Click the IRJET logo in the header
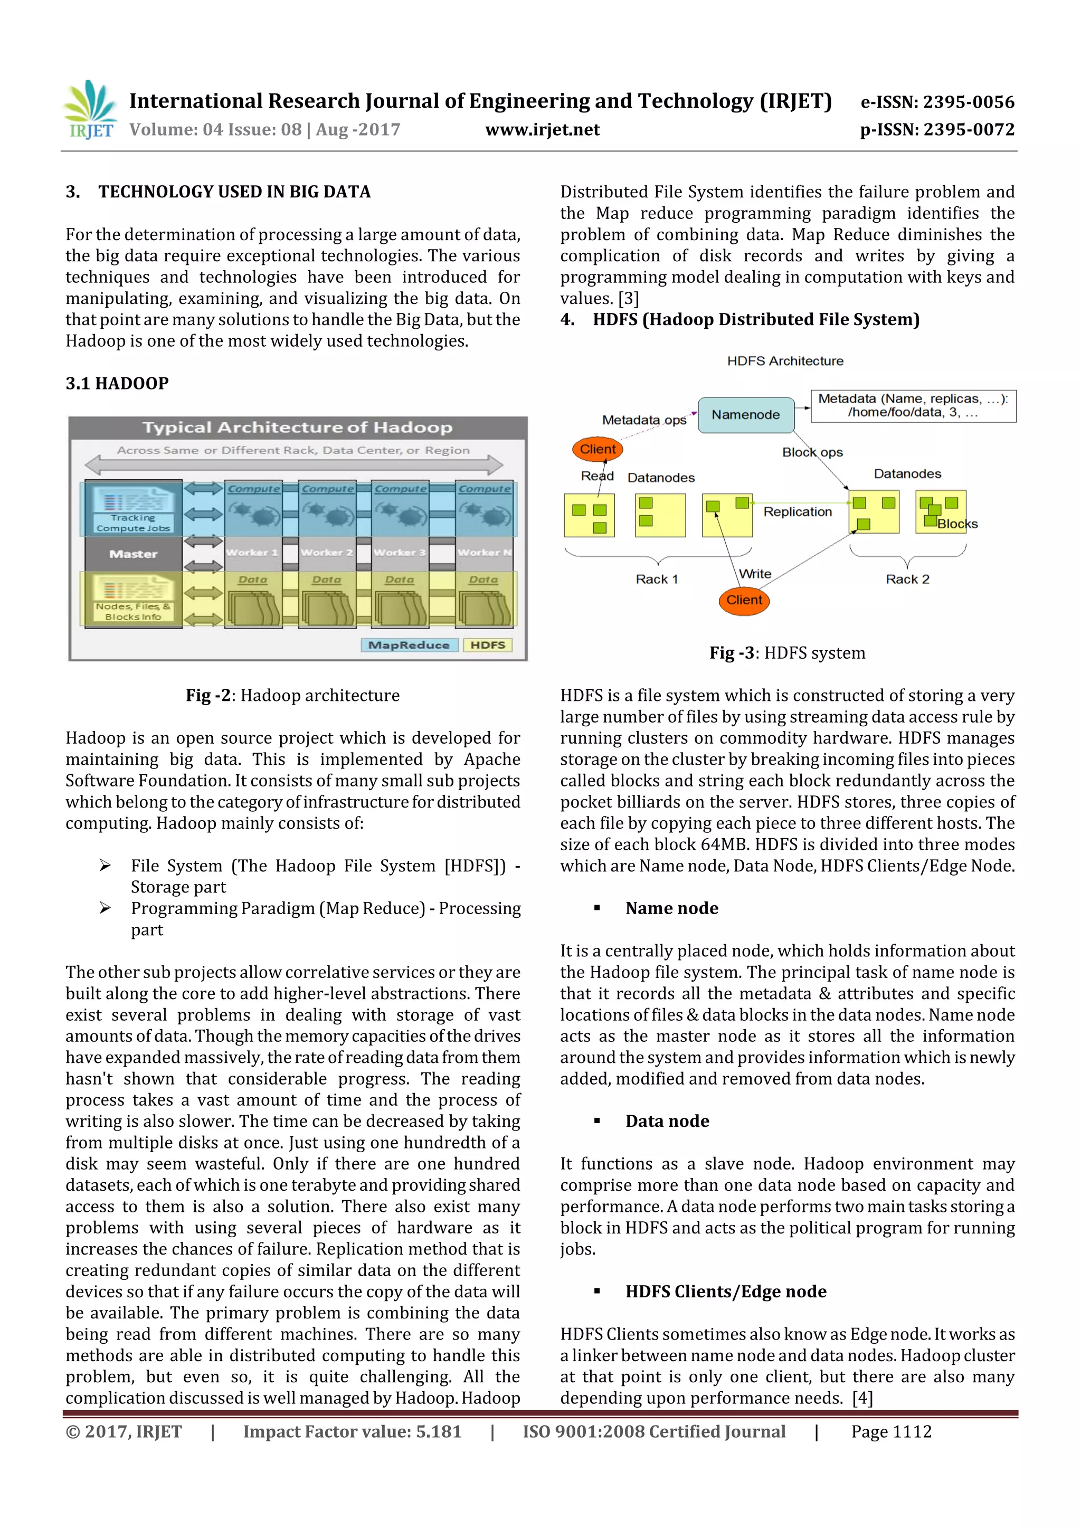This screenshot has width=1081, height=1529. pyautogui.click(x=90, y=110)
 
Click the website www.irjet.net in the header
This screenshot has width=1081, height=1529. pyautogui.click(x=542, y=129)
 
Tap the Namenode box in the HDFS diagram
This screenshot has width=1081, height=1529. pyautogui.click(x=745, y=414)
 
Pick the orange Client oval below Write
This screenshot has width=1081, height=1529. pyautogui.click(x=744, y=600)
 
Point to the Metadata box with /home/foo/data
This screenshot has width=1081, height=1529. pyautogui.click(x=913, y=405)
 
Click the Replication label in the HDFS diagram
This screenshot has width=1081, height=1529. pyautogui.click(x=797, y=511)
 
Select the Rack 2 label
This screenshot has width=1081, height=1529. pyautogui.click(x=907, y=578)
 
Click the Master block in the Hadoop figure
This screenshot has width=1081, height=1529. pyautogui.click(x=133, y=554)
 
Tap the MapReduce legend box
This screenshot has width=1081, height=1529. pyautogui.click(x=409, y=644)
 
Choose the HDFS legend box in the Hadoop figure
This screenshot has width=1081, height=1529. pyautogui.click(x=488, y=644)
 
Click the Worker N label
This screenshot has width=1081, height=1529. pyautogui.click(x=484, y=552)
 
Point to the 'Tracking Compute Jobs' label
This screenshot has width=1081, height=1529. pyautogui.click(x=133, y=523)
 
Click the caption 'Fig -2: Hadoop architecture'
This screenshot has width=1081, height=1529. pyautogui.click(x=292, y=695)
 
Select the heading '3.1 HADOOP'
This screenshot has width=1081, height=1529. pyautogui.click(x=117, y=384)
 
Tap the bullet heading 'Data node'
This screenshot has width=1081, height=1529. pyautogui.click(x=667, y=1121)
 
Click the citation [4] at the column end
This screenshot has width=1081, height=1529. pyautogui.click(x=862, y=1398)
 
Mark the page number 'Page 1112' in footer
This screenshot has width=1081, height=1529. pyautogui.click(x=891, y=1432)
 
